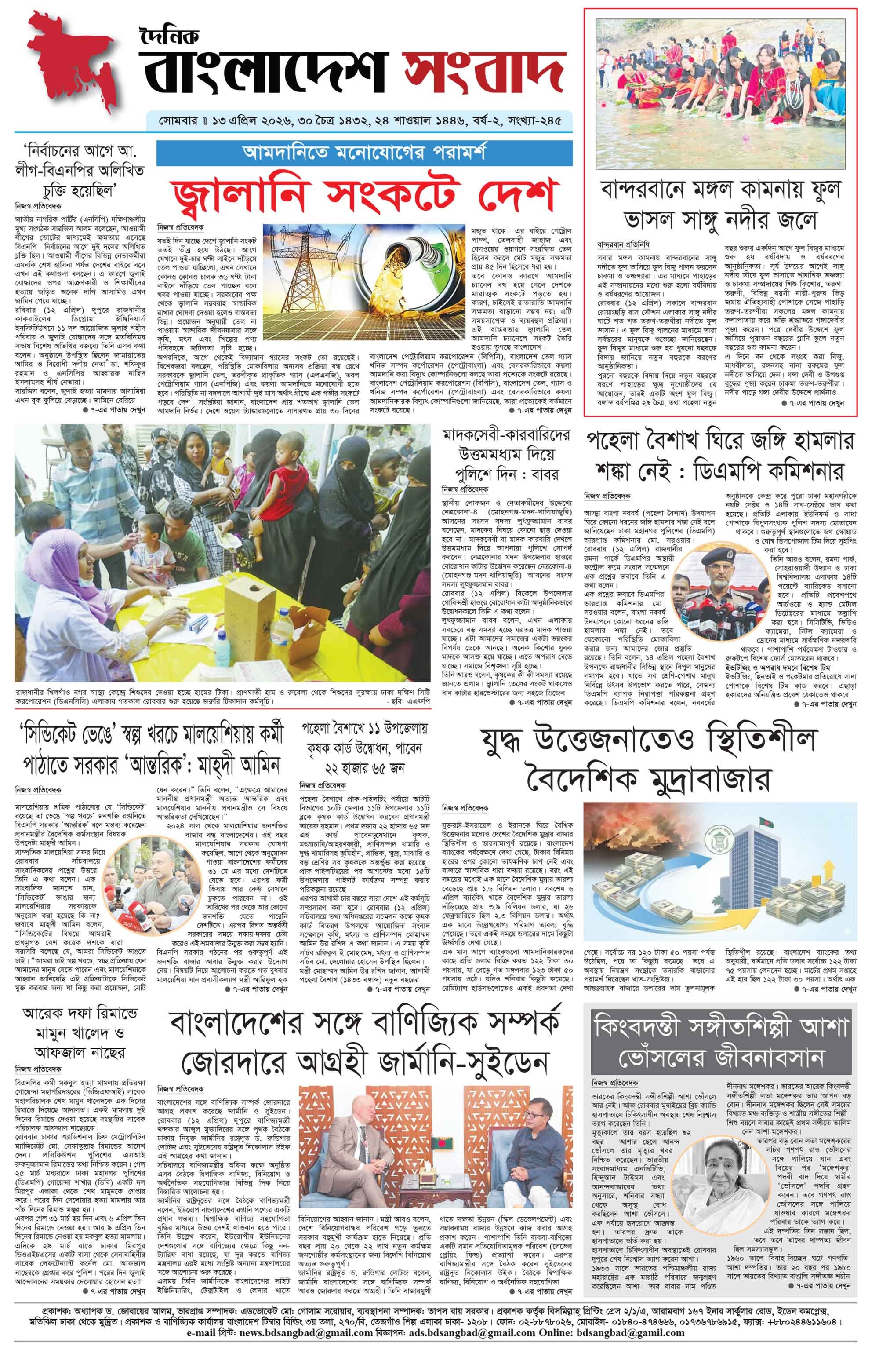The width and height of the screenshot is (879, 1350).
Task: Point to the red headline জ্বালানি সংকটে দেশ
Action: pyautogui.click(x=363, y=194)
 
